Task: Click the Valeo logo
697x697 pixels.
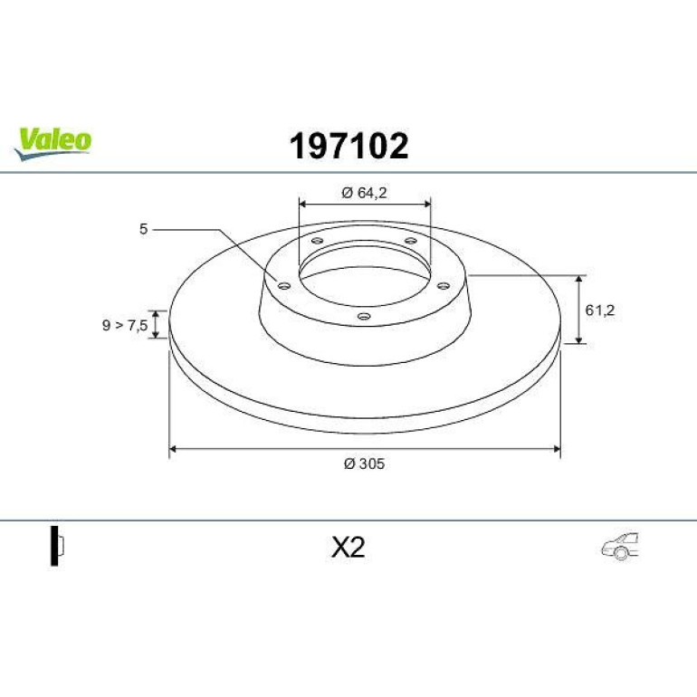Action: click(53, 144)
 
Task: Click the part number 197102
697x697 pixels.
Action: click(348, 146)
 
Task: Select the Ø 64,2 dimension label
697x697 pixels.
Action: click(364, 193)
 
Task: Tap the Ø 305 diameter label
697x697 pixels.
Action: click(364, 463)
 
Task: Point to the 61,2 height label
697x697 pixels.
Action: click(599, 310)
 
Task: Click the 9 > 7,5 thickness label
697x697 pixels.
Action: click(125, 325)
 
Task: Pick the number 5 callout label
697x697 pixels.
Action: click(143, 229)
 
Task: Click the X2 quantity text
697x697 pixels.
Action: click(348, 548)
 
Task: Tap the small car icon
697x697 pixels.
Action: click(620, 547)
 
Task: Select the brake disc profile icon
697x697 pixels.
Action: click(57, 546)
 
